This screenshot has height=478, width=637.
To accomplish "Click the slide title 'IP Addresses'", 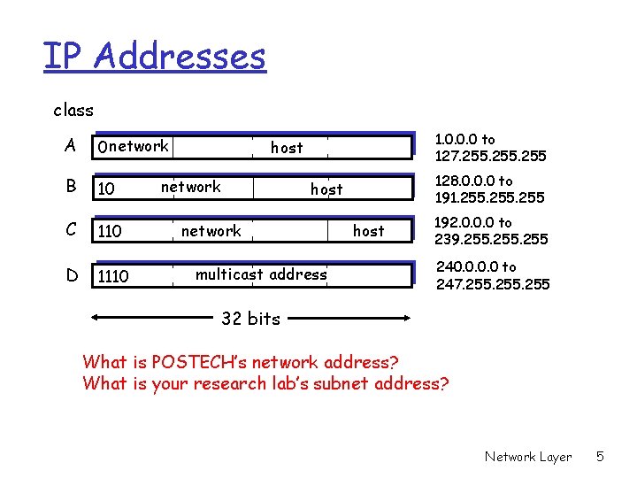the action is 155,57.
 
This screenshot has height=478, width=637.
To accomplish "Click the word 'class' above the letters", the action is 73,111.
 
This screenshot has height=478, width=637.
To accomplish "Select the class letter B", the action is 70,188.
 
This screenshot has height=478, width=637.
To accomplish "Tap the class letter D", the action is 71,275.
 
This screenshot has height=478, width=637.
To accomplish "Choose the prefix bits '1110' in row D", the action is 113,277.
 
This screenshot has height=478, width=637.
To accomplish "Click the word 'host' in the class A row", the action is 287,148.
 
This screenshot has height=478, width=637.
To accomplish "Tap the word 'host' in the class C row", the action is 369,231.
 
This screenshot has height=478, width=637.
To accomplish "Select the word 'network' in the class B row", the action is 191,187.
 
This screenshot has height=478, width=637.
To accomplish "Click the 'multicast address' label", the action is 261,274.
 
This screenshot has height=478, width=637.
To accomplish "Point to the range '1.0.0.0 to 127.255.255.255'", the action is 490,148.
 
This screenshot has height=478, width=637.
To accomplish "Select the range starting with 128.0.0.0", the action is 489,189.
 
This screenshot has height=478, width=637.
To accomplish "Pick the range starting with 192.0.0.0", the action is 491,231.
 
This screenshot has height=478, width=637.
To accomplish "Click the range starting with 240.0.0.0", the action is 493,275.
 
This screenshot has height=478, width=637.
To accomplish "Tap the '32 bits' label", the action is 250,319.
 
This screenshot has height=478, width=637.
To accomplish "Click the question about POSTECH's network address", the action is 241,362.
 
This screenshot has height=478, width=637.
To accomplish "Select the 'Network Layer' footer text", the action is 528,457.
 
